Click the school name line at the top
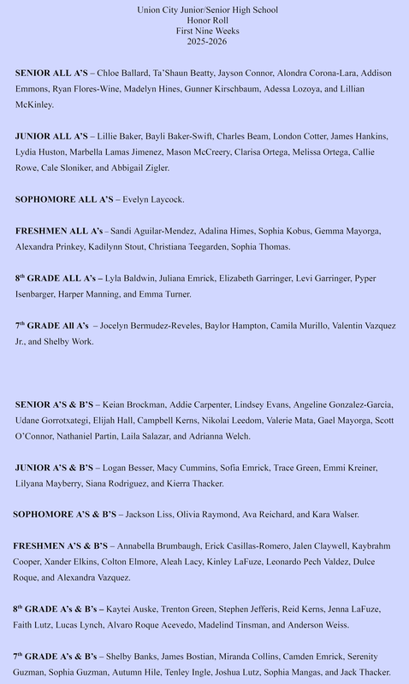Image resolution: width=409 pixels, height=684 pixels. [x=204, y=9]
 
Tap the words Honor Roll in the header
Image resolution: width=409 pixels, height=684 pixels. [x=204, y=20]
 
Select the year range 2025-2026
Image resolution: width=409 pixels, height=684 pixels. [x=204, y=41]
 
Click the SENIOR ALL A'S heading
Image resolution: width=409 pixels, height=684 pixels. [x=51, y=74]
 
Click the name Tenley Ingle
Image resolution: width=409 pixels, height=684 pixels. [x=210, y=672]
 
